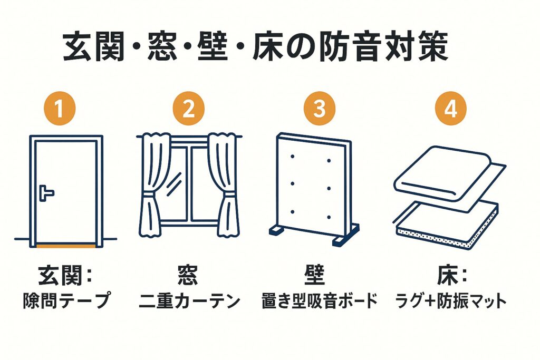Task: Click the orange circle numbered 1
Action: pyautogui.click(x=60, y=109)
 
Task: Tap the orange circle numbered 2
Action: pyautogui.click(x=188, y=109)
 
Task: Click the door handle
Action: pyautogui.click(x=46, y=193)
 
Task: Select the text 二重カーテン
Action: pyautogui.click(x=189, y=301)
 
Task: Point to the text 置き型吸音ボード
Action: pyautogui.click(x=320, y=301)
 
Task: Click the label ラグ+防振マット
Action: pyautogui.click(x=450, y=301)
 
